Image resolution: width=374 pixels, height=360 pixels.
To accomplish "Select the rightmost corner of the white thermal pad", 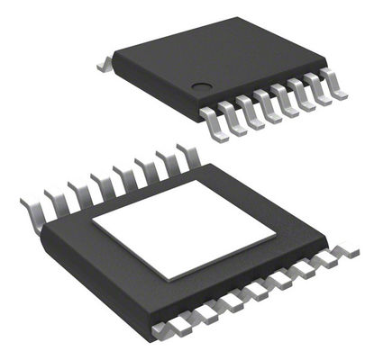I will (276, 231).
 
